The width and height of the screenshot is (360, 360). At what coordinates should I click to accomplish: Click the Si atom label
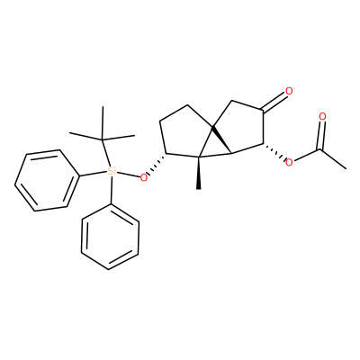click(x=112, y=171)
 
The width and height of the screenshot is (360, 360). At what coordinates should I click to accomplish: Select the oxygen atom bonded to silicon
click(x=144, y=178)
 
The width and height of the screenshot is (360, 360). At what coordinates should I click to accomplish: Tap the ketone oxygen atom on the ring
click(x=289, y=91)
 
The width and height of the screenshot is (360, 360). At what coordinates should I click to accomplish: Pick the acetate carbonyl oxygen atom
click(x=322, y=116)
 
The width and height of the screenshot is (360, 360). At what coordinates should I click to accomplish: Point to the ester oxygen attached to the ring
click(x=289, y=163)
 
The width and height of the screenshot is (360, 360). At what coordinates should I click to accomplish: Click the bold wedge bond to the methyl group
click(x=199, y=173)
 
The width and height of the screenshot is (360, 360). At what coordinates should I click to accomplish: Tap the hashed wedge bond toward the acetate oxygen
click(x=274, y=151)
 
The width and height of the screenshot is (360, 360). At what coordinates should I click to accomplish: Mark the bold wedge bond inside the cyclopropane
click(x=221, y=140)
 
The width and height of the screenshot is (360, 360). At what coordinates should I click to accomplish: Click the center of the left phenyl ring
click(x=45, y=180)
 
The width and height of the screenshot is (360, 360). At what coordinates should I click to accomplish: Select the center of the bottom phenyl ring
click(x=110, y=237)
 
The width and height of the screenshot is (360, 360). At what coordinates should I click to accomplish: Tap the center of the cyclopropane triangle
click(x=214, y=146)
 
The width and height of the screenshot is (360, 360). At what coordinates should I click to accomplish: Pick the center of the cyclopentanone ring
click(x=240, y=128)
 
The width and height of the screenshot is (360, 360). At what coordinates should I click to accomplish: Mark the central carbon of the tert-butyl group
click(x=103, y=139)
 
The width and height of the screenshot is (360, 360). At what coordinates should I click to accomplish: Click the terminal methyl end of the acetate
click(x=346, y=169)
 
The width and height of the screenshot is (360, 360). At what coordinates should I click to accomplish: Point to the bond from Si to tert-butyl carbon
click(x=106, y=153)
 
